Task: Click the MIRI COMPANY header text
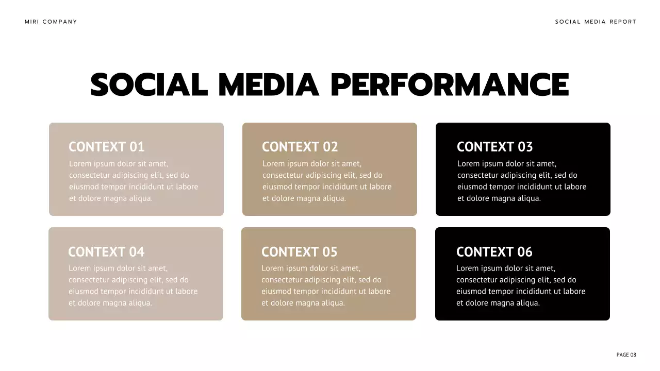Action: (51, 22)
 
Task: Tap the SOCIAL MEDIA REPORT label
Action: (596, 22)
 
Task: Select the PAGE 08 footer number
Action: (626, 355)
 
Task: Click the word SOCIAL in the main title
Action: (149, 85)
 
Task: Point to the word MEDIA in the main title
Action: (269, 85)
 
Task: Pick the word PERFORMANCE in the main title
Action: (450, 85)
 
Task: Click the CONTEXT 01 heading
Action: (107, 147)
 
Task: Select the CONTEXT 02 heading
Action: (300, 147)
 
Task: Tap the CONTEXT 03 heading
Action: (495, 147)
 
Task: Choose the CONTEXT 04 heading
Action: (106, 252)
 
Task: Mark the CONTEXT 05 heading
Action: (300, 252)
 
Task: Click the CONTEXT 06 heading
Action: (494, 252)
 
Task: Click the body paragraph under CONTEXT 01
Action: (134, 181)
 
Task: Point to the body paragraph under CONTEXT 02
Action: (327, 181)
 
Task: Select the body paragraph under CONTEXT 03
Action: (522, 181)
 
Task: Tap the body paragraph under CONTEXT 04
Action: (133, 285)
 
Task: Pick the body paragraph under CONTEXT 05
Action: (326, 285)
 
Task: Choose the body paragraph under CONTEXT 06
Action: (521, 285)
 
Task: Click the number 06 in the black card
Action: (524, 252)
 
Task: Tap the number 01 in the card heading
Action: (137, 147)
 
